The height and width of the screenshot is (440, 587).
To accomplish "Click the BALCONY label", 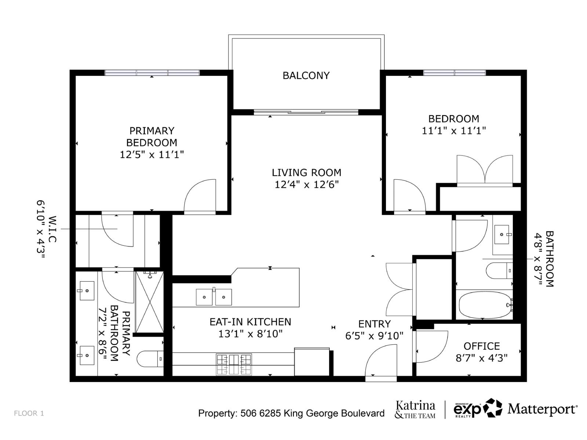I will click(306, 76).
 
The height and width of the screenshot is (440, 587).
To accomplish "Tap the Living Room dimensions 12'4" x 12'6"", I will click(306, 184).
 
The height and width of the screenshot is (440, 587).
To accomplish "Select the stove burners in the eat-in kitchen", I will click(234, 364).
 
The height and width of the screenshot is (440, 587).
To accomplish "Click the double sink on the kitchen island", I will click(214, 297).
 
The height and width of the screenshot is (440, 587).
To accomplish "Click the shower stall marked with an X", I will click(149, 302).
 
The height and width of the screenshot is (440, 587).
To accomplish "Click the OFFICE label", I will click(481, 346).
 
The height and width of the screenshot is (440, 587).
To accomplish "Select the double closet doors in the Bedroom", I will click(485, 169).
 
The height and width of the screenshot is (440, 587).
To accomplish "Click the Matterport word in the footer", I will click(542, 409).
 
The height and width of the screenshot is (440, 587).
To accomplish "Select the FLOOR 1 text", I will click(29, 413).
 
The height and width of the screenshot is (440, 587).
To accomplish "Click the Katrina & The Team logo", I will click(415, 410).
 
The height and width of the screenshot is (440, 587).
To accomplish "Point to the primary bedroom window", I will click(152, 73).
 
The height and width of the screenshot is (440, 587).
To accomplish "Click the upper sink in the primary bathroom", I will click(87, 291).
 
